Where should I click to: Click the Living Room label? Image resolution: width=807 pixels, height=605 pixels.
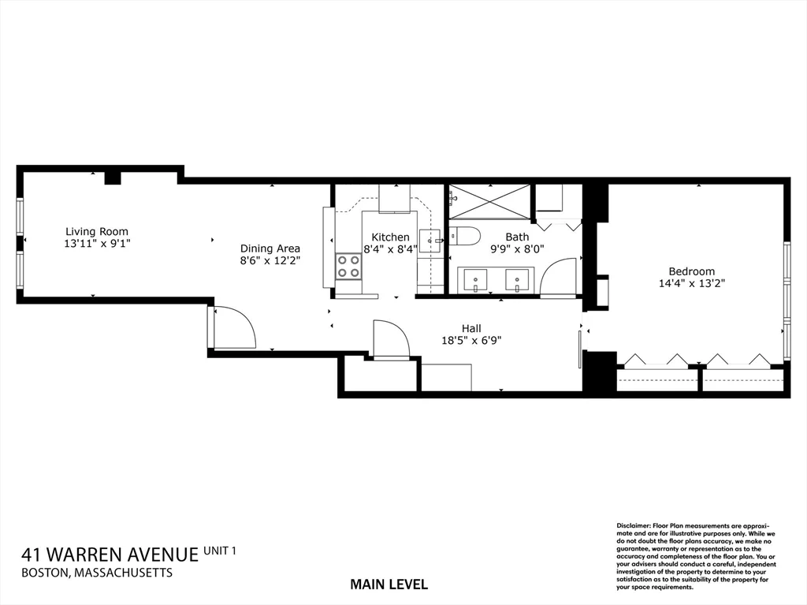pos(96,232)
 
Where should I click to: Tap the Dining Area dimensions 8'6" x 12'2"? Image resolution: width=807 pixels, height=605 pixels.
pos(270,260)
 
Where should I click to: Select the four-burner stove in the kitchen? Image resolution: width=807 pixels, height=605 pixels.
pos(348,267)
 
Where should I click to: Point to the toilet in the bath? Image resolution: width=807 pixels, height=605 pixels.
pos(464,236)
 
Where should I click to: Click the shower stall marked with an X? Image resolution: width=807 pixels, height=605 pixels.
pos(489,201)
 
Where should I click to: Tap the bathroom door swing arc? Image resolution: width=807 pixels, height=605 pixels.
pos(559,277)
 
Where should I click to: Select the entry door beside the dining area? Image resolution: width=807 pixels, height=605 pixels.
pos(234,327)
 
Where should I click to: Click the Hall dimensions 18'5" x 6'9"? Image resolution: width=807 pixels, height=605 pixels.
pos(471,341)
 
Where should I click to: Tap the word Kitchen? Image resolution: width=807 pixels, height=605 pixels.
pos(390,237)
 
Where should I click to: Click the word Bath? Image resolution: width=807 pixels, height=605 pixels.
pos(518,237)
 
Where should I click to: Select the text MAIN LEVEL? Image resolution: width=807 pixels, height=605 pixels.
pos(389,584)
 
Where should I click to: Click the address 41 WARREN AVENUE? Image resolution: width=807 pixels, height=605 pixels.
pos(110,555)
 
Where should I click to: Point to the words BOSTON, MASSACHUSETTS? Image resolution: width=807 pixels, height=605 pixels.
pos(97,573)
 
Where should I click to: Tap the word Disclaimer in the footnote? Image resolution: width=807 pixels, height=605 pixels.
pos(631,525)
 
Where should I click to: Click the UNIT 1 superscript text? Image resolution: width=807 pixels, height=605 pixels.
pos(220,550)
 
